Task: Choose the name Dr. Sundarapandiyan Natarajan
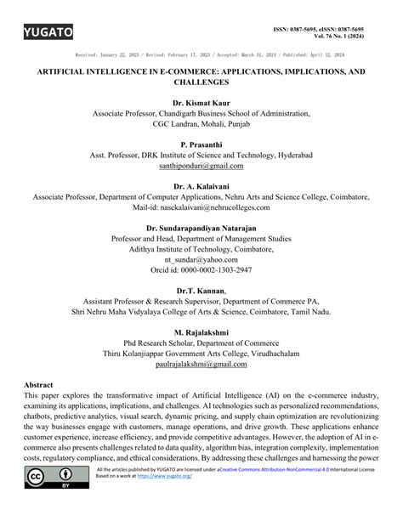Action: (201, 228)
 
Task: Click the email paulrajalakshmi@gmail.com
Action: (201, 364)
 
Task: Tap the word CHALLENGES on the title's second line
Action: (201, 84)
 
